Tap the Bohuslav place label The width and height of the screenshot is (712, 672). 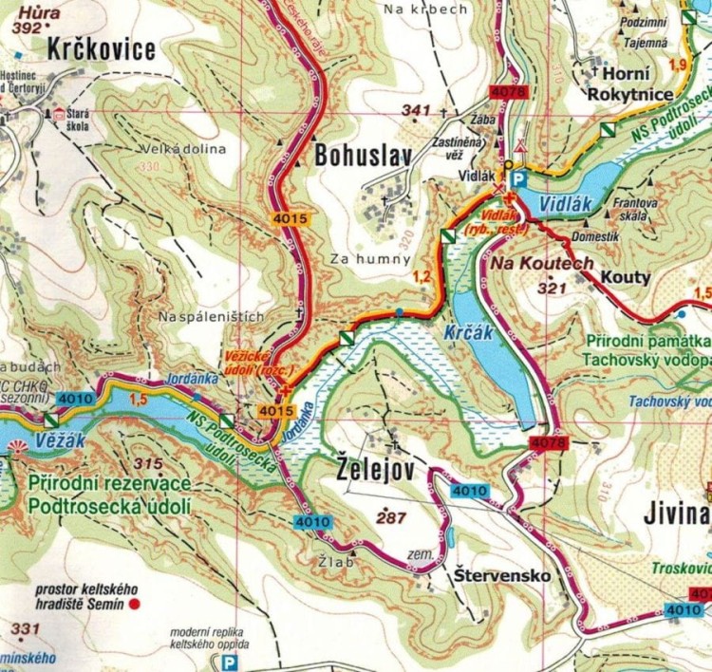357,156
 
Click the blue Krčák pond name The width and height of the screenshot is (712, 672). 466,333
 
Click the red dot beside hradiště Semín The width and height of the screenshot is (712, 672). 135,603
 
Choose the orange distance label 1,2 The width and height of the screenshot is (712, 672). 423,275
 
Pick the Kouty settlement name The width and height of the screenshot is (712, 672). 624,277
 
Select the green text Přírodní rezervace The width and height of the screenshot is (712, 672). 110,484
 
